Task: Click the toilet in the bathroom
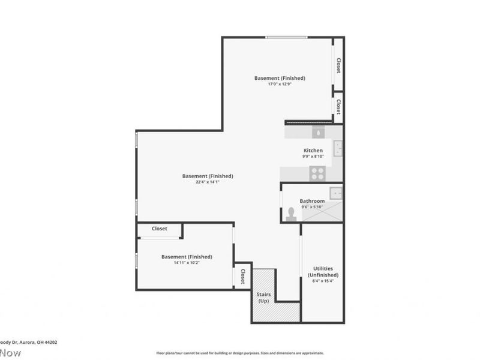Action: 292,214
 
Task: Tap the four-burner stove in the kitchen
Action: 317,173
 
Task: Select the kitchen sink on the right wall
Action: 338,147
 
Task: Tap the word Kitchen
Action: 313,150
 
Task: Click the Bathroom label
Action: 312,201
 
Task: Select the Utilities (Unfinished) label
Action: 323,272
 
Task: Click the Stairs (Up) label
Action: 263,298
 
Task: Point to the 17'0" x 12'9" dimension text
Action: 280,84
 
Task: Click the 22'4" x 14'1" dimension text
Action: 208,182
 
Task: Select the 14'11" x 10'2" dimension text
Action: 187,263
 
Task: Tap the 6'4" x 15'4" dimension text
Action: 323,281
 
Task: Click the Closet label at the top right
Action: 338,65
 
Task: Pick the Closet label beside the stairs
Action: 242,277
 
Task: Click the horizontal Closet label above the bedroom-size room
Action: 159,229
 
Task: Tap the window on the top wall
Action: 287,38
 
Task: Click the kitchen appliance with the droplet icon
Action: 317,131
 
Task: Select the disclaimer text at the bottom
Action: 240,353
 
